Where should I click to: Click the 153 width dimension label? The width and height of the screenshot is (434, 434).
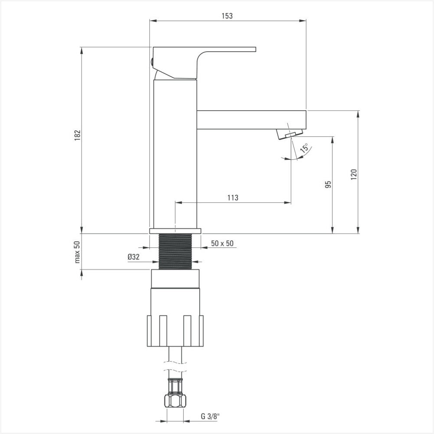click(x=227, y=16)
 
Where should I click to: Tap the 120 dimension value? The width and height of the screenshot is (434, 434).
click(x=354, y=174)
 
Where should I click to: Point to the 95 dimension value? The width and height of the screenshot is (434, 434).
click(x=328, y=184)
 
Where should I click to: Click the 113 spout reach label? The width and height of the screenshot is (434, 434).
click(x=233, y=197)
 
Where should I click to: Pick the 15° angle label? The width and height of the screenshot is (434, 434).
click(x=305, y=148)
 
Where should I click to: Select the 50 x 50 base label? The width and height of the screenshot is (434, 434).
click(x=222, y=243)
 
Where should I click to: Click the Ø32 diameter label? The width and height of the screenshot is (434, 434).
click(x=134, y=257)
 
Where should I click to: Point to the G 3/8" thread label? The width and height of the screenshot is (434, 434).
click(x=210, y=416)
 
